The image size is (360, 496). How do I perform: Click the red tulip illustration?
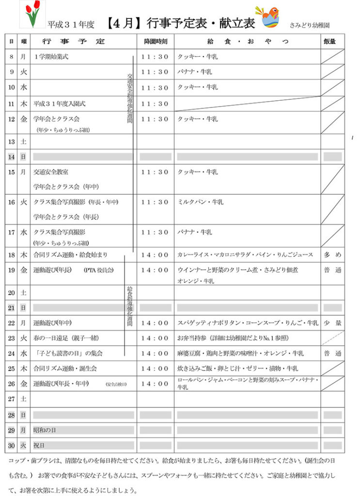tap(32, 15)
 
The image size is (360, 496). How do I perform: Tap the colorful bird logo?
tap(270, 17)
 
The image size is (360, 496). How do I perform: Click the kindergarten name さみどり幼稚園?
tap(313, 24)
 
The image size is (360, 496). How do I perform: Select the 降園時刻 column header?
tap(155, 42)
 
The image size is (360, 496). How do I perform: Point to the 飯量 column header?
tap(333, 42)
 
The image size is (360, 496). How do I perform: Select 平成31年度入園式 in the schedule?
tap(59, 103)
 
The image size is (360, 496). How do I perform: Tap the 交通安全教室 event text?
tap(50, 172)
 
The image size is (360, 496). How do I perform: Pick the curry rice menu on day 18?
tap(245, 254)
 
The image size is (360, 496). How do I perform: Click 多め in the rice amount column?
tap(333, 254)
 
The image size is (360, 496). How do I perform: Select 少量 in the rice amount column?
tap(333, 323)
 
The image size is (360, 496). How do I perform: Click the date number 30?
tap(11, 446)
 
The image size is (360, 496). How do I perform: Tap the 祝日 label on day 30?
tap(39, 446)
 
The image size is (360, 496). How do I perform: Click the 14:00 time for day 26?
tap(155, 384)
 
